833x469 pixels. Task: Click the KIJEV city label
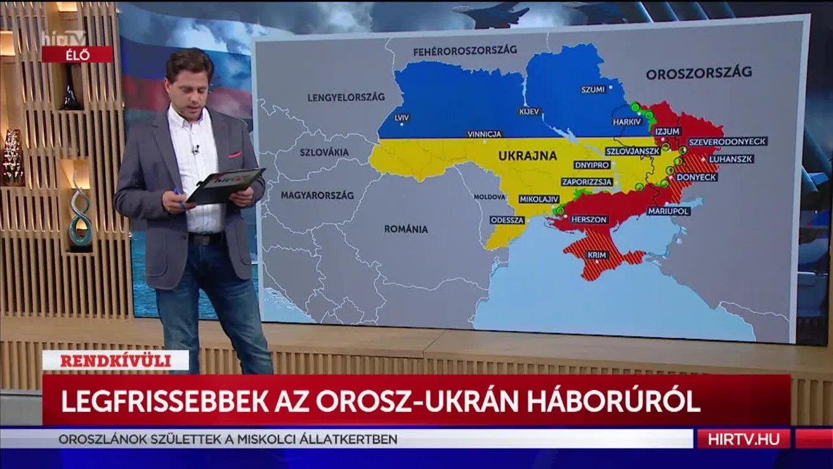pyautogui.click(x=530, y=111)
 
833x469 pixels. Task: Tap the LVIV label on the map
pyautogui.click(x=401, y=116)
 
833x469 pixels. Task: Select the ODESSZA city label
pyautogui.click(x=507, y=220)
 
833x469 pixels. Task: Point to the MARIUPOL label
pyautogui.click(x=668, y=211)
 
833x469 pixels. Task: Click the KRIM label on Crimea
pyautogui.click(x=597, y=254)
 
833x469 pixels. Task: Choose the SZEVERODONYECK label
pyautogui.click(x=727, y=141)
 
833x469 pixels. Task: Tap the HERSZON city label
pyautogui.click(x=589, y=220)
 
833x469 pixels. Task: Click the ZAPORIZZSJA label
pyautogui.click(x=587, y=182)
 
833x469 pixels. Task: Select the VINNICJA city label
pyautogui.click(x=485, y=134)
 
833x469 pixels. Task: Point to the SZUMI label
pyautogui.click(x=592, y=90)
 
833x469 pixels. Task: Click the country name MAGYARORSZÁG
pyautogui.click(x=317, y=196)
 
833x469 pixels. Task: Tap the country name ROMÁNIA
pyautogui.click(x=406, y=229)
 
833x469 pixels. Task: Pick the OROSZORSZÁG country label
pyautogui.click(x=699, y=73)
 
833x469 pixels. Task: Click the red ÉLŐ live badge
pyautogui.click(x=77, y=54)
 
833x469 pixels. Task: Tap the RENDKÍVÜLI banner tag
pyautogui.click(x=116, y=360)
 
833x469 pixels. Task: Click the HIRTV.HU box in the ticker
pyautogui.click(x=743, y=439)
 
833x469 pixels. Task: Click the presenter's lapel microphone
pyautogui.click(x=196, y=149)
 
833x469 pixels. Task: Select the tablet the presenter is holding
pyautogui.click(x=225, y=184)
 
